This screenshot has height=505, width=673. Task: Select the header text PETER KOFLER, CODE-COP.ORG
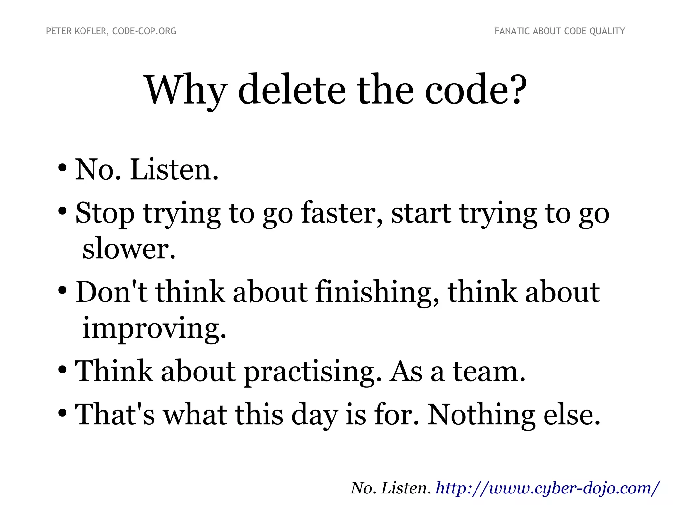pos(111,31)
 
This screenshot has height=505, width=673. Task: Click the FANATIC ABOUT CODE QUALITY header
pos(560,31)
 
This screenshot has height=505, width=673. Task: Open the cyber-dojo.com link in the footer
pos(547,488)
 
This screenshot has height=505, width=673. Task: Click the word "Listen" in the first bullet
pos(173,170)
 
